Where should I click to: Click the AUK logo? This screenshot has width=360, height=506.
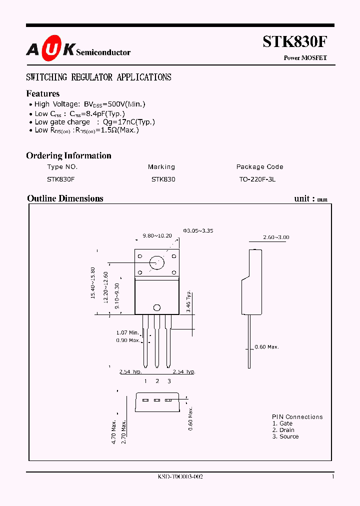point(50,49)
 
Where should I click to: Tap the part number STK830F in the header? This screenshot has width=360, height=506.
point(294,41)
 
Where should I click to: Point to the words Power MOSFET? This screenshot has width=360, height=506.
point(305,58)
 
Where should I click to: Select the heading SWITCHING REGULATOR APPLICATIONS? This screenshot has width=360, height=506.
point(98,77)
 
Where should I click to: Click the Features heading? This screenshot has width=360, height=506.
point(42,93)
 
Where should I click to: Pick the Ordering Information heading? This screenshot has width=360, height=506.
point(68,155)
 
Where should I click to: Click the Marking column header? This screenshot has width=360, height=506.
point(161,167)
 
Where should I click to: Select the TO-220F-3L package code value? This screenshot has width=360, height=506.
point(257,179)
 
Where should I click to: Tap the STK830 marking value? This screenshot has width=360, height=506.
point(163,179)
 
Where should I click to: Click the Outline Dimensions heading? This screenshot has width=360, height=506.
point(65,198)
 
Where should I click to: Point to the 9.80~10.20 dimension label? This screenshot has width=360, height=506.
point(157,235)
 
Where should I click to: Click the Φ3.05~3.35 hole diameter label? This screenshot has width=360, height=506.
point(198,230)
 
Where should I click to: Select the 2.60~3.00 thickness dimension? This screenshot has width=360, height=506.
point(276,237)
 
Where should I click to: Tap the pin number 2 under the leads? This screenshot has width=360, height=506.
point(157,381)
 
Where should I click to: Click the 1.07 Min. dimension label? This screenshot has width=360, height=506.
point(127,332)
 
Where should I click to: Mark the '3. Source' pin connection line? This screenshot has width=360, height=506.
point(285,436)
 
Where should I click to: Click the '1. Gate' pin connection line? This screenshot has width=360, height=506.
point(282,423)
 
